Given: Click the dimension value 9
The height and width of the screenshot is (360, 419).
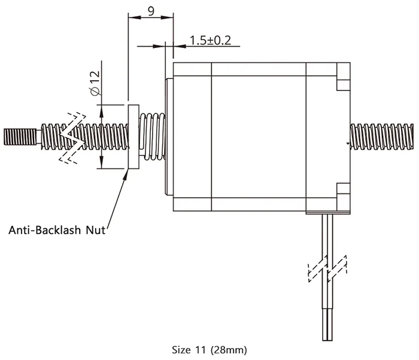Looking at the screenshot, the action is click(x=151, y=11).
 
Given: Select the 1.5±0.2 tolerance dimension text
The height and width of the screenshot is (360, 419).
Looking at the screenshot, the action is click(x=210, y=41).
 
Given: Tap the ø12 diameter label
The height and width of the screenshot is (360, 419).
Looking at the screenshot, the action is click(x=95, y=83).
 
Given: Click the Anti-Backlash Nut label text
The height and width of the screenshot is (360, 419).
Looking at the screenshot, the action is click(x=57, y=230).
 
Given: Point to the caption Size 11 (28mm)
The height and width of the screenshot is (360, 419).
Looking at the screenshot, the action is click(x=209, y=350).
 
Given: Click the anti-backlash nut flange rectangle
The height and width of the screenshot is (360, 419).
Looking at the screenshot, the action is click(x=133, y=137).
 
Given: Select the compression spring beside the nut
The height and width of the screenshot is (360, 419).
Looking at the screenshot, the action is click(x=152, y=137).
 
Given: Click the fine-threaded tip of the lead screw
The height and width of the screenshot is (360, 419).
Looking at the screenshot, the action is click(x=20, y=137).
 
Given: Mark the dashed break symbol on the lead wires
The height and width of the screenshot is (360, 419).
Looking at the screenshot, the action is click(x=327, y=268).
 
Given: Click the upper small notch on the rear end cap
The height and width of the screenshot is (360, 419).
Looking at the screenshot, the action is click(x=344, y=85).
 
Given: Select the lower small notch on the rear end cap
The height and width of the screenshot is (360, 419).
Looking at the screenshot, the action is click(x=344, y=189).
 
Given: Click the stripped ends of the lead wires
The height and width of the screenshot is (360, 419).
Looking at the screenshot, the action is click(x=327, y=325).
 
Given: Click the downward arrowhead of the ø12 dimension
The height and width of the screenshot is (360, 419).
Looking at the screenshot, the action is click(x=101, y=162).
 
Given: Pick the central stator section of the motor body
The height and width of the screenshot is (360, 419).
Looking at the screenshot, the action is click(x=259, y=137).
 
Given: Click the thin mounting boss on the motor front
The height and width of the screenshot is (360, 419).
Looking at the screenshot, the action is click(x=169, y=137).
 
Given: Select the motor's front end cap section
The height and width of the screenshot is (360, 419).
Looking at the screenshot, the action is click(x=192, y=137).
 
